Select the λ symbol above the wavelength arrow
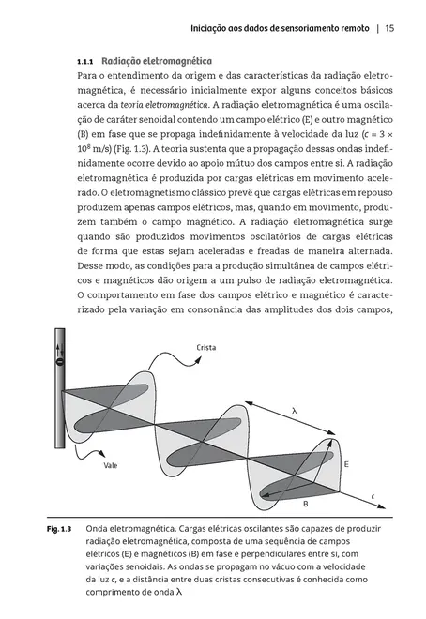click(x=294, y=411)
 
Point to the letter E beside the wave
click(x=346, y=464)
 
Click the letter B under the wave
click(x=304, y=505)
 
